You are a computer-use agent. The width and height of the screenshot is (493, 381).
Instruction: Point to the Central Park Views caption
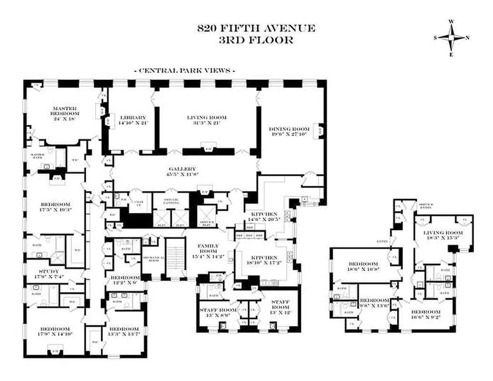tap(186, 70)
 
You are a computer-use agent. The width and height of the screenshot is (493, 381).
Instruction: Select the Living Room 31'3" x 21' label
tap(206, 120)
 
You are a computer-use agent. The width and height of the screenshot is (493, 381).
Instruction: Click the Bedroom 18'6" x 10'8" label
tap(363, 267)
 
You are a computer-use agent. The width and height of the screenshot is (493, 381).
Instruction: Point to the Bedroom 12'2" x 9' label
tap(125, 280)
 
